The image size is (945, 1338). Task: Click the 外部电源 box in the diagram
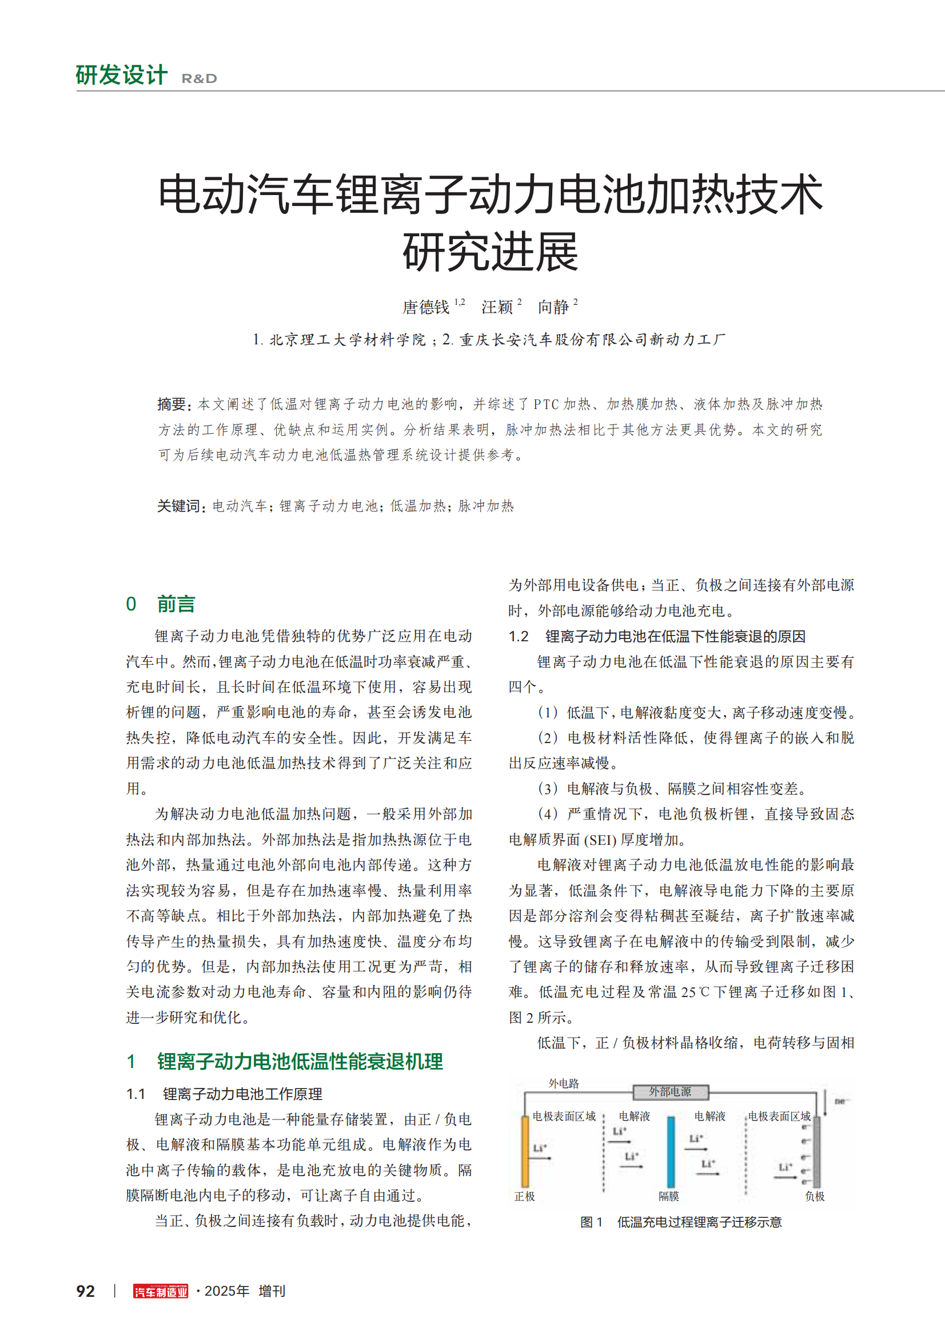(670, 1091)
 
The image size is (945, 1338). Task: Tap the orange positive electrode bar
(525, 1152)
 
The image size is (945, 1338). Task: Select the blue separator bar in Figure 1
(671, 1152)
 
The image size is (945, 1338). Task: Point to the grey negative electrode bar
(817, 1152)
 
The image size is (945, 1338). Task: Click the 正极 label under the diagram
(525, 1196)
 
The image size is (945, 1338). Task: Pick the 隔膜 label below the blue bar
(669, 1196)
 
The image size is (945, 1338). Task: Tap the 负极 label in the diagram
(815, 1196)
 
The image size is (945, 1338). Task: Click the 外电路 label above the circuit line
(564, 1083)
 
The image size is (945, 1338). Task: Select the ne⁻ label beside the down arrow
(840, 1101)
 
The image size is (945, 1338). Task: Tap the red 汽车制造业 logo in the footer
(161, 1292)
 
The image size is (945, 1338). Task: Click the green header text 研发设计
(122, 75)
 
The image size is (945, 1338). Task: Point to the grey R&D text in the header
(199, 79)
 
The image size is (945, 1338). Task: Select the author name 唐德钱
(426, 307)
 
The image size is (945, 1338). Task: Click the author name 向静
(553, 307)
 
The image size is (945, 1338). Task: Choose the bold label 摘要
(172, 404)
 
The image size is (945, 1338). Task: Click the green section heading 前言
(176, 604)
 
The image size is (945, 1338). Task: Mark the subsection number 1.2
(518, 636)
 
